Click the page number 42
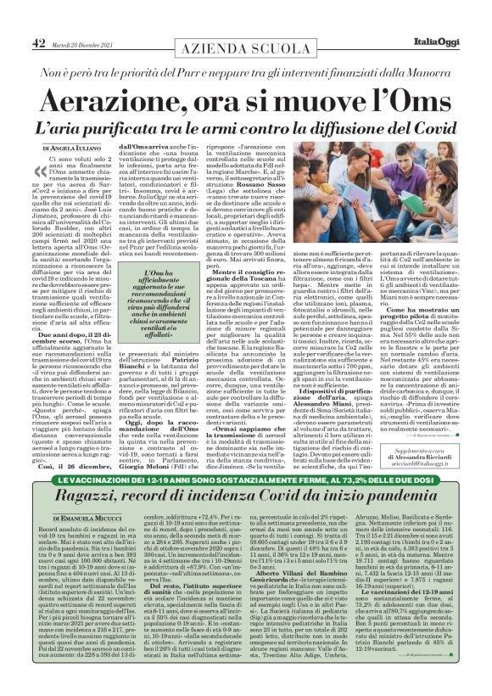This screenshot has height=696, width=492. [39, 19]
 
